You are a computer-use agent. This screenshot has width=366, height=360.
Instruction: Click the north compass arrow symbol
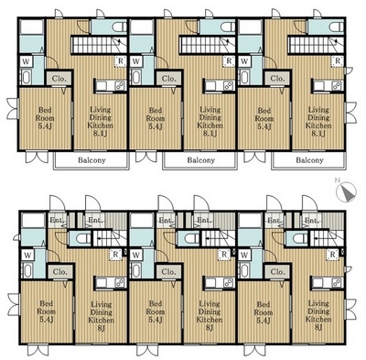click(x=346, y=191)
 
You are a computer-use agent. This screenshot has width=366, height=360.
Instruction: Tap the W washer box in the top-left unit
click(x=26, y=62)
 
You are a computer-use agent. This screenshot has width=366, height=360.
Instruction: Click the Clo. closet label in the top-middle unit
click(x=168, y=80)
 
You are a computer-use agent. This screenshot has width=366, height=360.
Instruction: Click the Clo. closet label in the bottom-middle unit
click(x=168, y=272)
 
